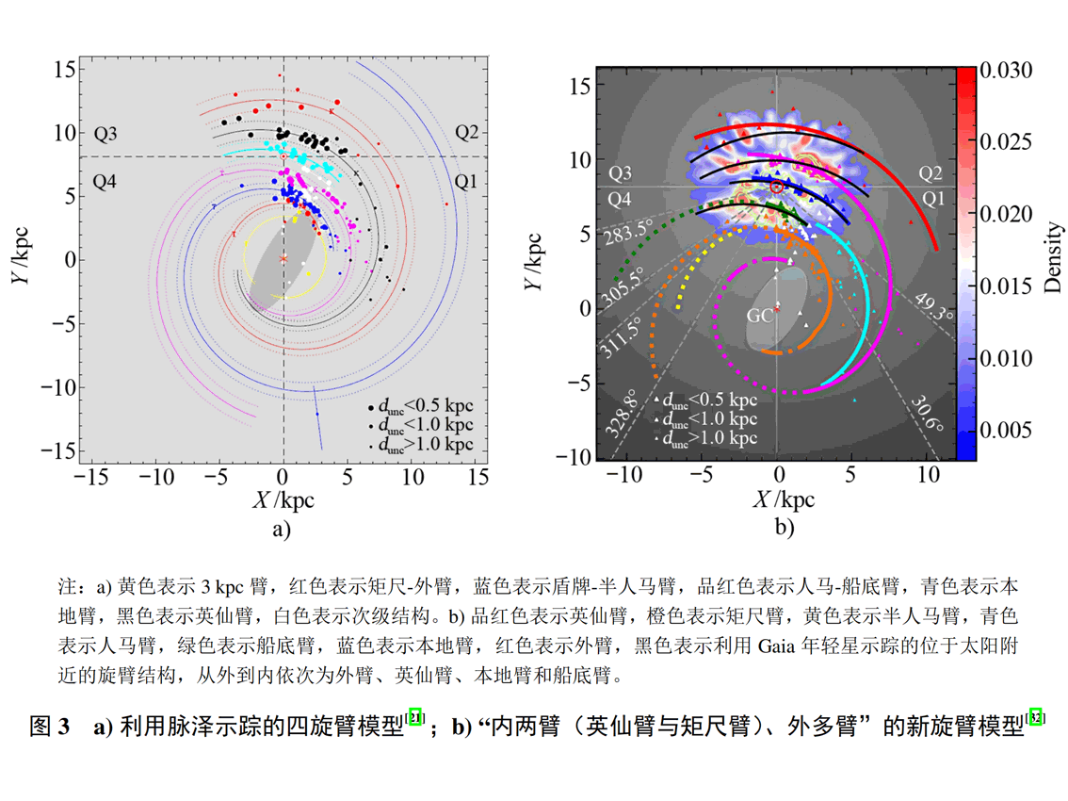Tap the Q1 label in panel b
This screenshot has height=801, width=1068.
[933, 199]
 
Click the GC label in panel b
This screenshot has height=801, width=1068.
[760, 316]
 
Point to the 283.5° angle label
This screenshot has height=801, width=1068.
[630, 230]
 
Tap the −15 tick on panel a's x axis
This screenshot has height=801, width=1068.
[89, 478]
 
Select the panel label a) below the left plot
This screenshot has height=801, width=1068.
[282, 529]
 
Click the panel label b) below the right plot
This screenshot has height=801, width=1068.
[785, 528]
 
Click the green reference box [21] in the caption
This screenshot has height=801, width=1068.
[415, 718]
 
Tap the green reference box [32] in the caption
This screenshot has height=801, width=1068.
[1037, 717]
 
